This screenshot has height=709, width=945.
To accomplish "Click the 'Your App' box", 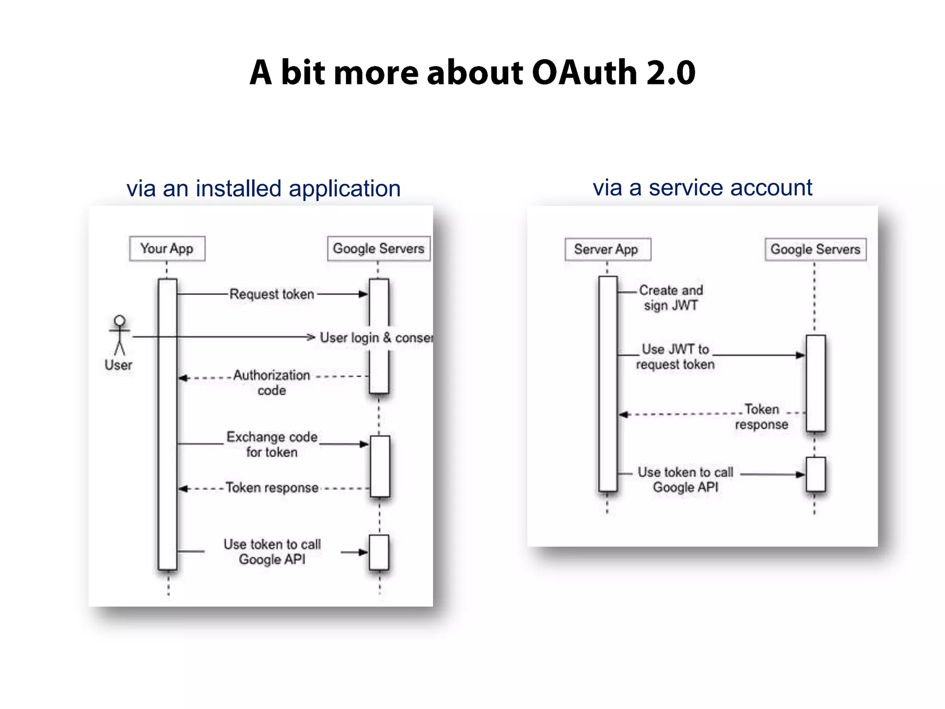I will [x=167, y=249].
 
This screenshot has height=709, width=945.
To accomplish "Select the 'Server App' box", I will [x=608, y=250].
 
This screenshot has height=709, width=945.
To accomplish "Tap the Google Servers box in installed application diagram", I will [x=378, y=249].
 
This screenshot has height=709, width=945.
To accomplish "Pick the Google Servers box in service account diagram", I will [x=815, y=250].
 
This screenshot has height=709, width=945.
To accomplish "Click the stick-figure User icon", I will [x=120, y=335].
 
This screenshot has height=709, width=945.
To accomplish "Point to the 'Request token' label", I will [x=272, y=294].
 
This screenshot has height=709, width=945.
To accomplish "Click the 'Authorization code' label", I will [x=272, y=383].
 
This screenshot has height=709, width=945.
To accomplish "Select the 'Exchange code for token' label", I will [x=272, y=445].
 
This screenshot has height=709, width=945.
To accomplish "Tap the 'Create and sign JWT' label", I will [x=671, y=298].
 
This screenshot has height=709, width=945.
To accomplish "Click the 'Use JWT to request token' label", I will [x=675, y=357].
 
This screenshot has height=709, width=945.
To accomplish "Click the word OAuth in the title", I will [x=585, y=73].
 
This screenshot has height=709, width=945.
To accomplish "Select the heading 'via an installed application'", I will [x=263, y=189].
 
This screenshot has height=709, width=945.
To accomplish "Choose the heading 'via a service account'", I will [x=702, y=188].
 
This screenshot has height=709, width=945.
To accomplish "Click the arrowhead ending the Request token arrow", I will [x=364, y=294].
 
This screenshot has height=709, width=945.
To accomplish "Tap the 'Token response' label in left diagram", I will [x=272, y=488].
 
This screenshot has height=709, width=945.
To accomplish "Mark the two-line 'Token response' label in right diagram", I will [x=761, y=417].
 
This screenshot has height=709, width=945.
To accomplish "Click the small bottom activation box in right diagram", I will [x=815, y=475].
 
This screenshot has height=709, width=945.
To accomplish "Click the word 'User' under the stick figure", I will [x=119, y=365].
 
